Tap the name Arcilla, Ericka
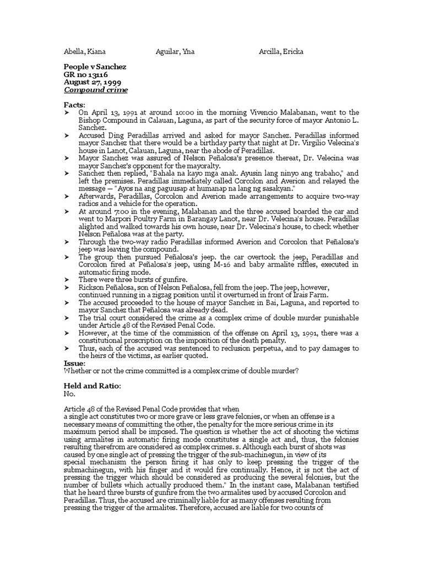pyautogui.click(x=281, y=52)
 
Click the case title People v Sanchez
pyautogui.click(x=95, y=67)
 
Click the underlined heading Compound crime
pyautogui.click(x=96, y=90)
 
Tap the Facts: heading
pyautogui.click(x=75, y=105)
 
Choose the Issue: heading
pyautogui.click(x=75, y=364)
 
